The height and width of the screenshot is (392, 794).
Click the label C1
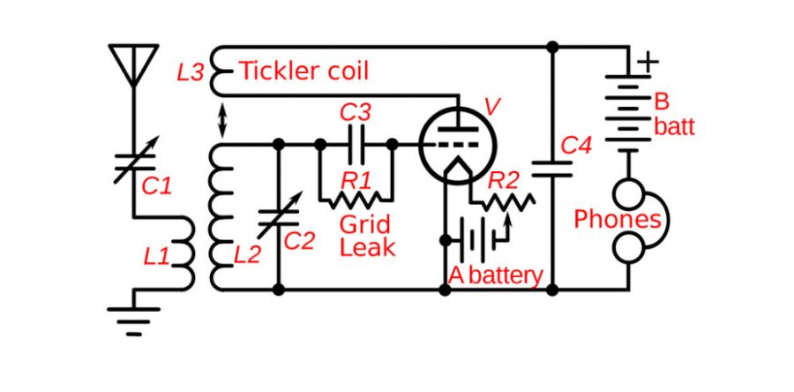tap(156, 185)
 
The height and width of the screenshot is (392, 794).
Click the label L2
tap(247, 256)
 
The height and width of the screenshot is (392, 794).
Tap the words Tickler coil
tap(304, 71)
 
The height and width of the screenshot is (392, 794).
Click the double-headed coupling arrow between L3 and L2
tap(221, 120)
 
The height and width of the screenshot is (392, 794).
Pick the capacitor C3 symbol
tap(356, 141)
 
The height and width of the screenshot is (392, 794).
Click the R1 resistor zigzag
tap(356, 200)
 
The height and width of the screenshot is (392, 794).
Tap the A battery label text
tap(495, 275)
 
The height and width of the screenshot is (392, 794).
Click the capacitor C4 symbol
tap(552, 168)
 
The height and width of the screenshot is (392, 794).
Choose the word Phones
tap(617, 219)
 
